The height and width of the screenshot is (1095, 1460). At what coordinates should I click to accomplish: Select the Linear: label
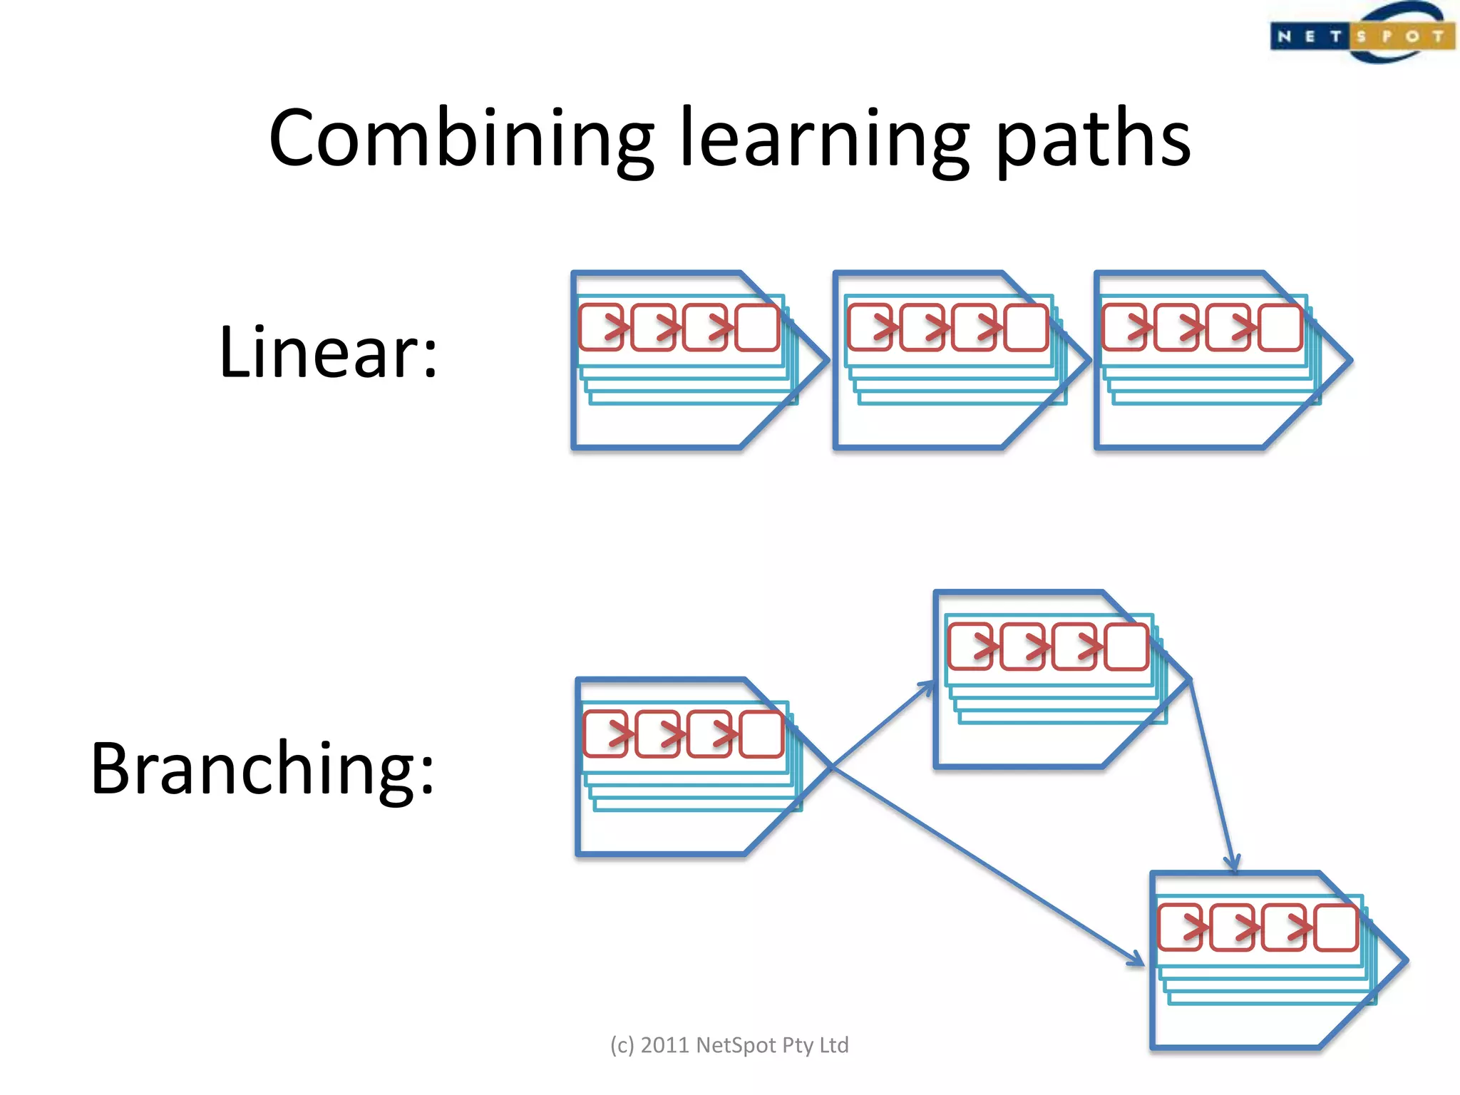[x=328, y=352]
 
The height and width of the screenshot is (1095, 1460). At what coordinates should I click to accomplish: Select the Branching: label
[x=262, y=768]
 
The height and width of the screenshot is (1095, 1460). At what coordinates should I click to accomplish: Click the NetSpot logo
[x=1362, y=34]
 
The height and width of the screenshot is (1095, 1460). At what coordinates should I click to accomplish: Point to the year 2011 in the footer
[x=665, y=1045]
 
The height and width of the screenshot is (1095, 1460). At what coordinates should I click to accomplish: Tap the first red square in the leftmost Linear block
[x=602, y=328]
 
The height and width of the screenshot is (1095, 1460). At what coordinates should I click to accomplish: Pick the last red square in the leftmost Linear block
[x=757, y=328]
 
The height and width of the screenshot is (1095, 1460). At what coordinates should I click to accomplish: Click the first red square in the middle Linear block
[x=870, y=328]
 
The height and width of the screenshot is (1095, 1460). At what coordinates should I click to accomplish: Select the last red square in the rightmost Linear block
[x=1280, y=328]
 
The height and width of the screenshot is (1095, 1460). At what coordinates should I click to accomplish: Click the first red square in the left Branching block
[x=606, y=734]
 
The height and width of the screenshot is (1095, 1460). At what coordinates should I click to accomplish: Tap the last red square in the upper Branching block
[x=1126, y=647]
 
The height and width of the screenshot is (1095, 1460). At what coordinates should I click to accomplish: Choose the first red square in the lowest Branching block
[x=1181, y=927]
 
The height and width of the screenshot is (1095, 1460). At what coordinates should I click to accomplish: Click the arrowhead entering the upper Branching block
[x=928, y=686]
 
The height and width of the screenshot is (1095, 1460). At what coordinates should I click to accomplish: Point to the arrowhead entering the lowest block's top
[x=1233, y=864]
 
